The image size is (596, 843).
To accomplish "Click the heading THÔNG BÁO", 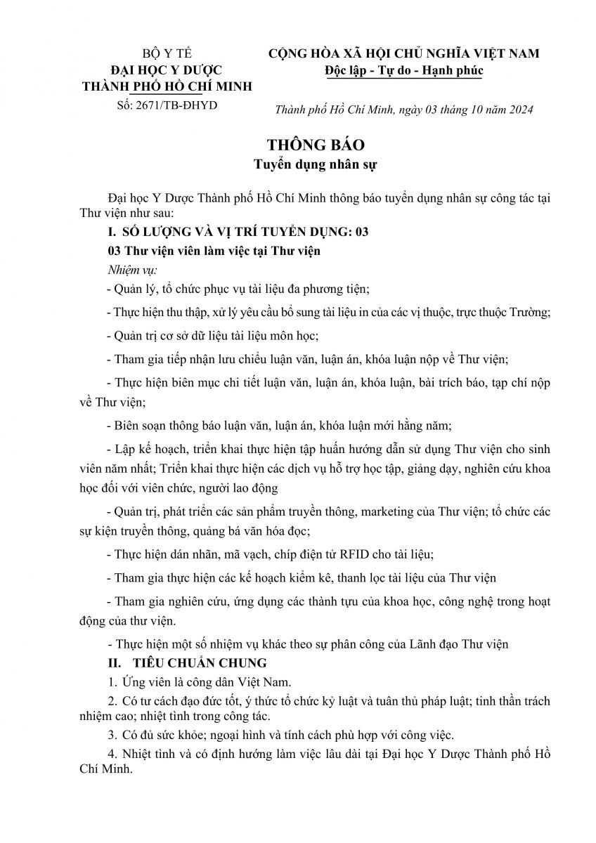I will pos(306,145).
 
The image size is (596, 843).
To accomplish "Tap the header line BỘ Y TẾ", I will pos(167,54).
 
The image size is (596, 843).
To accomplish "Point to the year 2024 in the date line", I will pos(521,110).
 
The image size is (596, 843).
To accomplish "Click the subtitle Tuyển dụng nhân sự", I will pos(306,166).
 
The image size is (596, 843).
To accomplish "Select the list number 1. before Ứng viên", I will pos(111,681).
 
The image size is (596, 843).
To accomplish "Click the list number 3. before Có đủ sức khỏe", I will pos(111,736).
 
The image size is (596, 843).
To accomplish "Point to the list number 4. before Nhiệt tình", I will pos(111,754).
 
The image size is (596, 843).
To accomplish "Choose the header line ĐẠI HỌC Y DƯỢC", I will pos(167,70).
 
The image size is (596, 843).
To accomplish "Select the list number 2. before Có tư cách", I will pos(111,701).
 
